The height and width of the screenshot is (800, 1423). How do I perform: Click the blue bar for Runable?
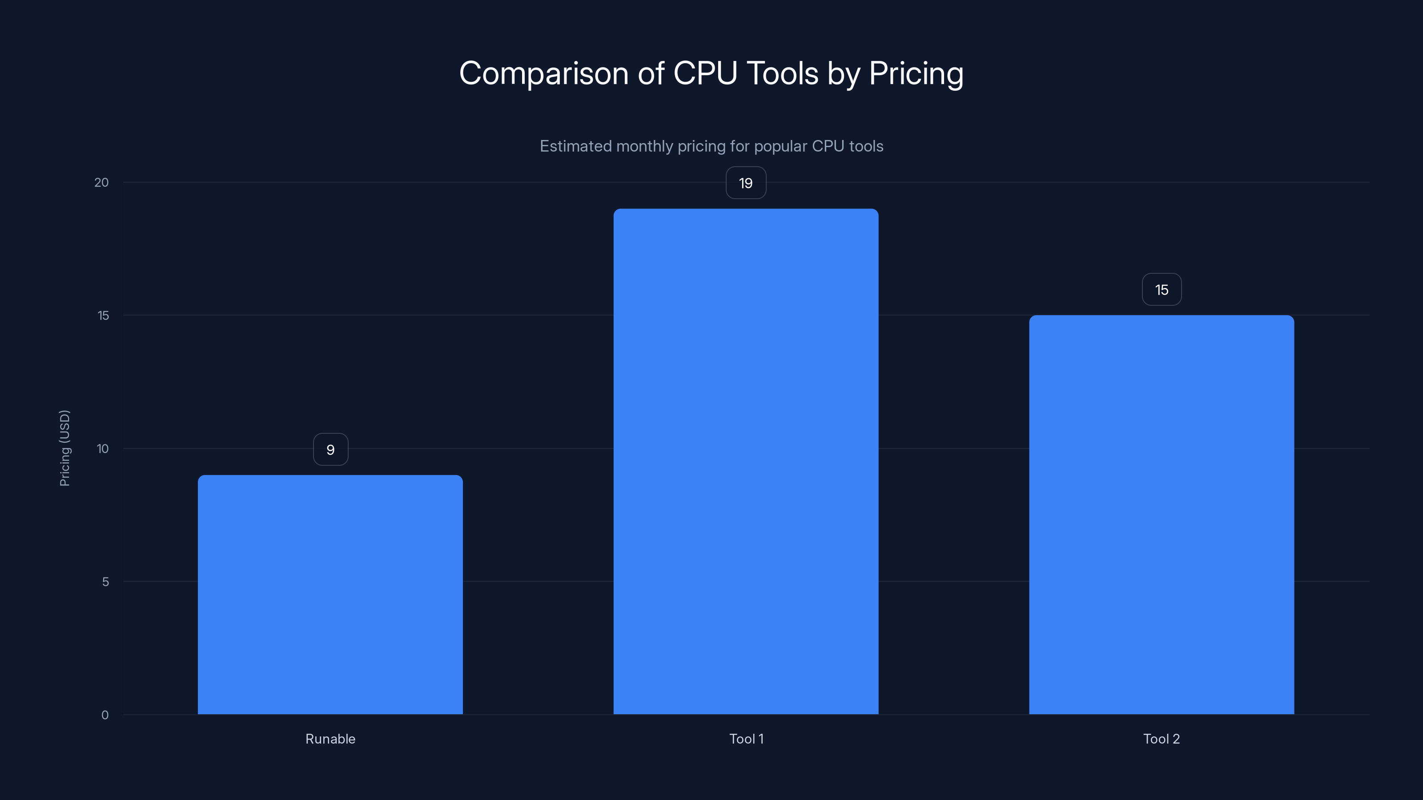330,594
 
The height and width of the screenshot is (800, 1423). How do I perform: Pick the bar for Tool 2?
1161,515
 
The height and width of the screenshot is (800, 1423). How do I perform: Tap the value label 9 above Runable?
330,449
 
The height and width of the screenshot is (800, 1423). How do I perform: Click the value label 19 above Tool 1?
746,183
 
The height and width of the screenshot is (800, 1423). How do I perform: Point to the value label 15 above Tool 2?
1161,289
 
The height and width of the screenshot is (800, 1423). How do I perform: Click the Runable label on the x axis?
330,739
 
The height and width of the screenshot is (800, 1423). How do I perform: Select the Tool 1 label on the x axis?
746,739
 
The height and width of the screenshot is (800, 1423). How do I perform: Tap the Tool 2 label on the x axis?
1161,739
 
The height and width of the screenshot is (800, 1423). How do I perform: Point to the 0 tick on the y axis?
105,715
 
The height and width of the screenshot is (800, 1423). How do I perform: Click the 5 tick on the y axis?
105,581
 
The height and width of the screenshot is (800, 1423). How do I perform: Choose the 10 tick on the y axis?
103,448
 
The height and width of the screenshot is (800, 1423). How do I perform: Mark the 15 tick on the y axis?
103,315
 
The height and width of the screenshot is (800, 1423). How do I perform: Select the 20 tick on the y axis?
102,182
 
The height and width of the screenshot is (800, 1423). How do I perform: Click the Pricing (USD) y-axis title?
64,448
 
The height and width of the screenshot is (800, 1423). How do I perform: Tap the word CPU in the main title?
705,73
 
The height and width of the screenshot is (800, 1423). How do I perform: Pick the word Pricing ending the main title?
916,73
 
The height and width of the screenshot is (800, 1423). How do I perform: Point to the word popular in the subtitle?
780,146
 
